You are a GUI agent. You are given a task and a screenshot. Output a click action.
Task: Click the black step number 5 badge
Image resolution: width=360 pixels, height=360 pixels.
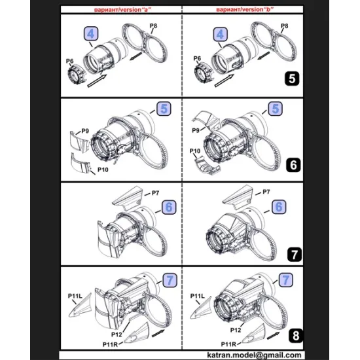click(x=292, y=79)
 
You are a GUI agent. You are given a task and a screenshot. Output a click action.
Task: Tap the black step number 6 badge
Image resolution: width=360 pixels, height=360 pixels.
click(x=293, y=165)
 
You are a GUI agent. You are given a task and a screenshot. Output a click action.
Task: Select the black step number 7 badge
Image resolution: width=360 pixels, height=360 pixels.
click(x=295, y=254)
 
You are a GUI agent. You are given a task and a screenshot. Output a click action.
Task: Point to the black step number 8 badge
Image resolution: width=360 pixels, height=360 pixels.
click(x=296, y=336)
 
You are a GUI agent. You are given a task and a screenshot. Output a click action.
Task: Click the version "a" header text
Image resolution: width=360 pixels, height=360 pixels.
click(x=122, y=10)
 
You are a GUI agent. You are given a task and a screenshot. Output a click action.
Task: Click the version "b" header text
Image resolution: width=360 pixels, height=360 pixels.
click(x=245, y=9)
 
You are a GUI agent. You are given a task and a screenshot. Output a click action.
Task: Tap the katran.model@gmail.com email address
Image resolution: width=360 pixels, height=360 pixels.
click(x=254, y=355)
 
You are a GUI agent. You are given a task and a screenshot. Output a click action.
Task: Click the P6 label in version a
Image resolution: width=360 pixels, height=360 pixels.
click(x=69, y=61)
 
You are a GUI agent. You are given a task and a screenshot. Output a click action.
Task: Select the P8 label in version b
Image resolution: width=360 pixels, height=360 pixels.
click(x=285, y=26)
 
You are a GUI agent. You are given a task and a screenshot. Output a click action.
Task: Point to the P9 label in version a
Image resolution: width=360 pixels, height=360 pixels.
click(x=85, y=131)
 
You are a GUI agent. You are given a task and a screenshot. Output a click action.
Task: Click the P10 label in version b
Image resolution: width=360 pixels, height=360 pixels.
click(x=195, y=151)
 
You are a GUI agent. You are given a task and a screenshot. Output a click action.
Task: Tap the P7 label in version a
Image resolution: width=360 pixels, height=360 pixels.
click(x=155, y=193)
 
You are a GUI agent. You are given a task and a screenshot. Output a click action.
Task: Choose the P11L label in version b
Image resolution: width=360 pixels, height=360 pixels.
click(x=198, y=296)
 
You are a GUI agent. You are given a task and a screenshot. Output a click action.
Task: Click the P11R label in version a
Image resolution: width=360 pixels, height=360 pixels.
click(x=110, y=344)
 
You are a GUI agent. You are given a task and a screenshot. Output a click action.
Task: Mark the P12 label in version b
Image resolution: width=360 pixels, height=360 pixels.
click(x=236, y=330)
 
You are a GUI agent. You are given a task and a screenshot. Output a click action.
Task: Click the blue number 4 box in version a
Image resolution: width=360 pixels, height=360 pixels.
click(x=91, y=34)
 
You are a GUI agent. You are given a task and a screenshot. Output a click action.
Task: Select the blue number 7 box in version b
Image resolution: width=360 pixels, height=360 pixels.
click(x=285, y=280)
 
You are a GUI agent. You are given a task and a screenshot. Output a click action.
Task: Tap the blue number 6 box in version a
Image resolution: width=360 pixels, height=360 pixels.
click(x=169, y=207)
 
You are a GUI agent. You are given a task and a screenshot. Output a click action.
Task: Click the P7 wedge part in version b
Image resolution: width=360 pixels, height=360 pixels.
click(x=238, y=197)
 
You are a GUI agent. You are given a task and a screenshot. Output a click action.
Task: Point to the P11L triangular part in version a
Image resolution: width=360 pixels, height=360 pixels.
click(x=81, y=306)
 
